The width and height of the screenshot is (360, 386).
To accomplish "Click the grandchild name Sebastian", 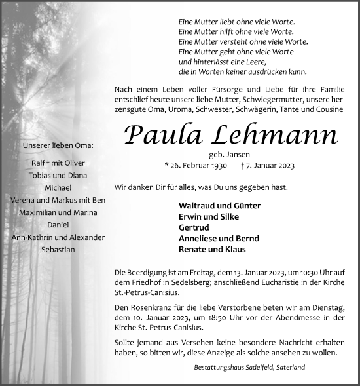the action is pos(56,250).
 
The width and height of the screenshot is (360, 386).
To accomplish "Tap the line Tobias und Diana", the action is pos(56,175).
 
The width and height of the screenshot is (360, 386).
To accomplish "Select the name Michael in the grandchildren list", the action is pos(56,187).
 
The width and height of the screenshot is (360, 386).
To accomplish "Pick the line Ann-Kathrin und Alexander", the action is pos(56,237).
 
